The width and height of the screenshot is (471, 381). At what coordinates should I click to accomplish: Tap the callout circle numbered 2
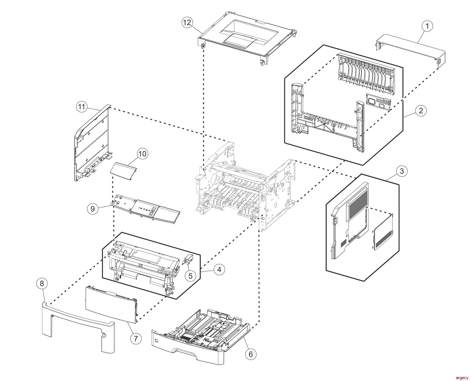pyautogui.click(x=420, y=110)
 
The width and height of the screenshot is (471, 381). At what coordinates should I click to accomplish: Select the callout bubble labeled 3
pyautogui.click(x=401, y=171)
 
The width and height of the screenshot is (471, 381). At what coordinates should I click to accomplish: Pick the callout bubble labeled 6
pyautogui.click(x=250, y=354)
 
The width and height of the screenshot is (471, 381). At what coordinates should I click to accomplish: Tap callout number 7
pyautogui.click(x=136, y=338)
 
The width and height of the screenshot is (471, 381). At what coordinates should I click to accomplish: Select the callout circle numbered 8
pyautogui.click(x=42, y=284)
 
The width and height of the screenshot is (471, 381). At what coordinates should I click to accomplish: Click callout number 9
pyautogui.click(x=93, y=209)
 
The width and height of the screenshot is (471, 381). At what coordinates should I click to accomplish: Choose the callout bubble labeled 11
pyautogui.click(x=82, y=107)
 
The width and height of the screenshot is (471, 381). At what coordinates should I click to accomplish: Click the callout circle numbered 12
pyautogui.click(x=188, y=22)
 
